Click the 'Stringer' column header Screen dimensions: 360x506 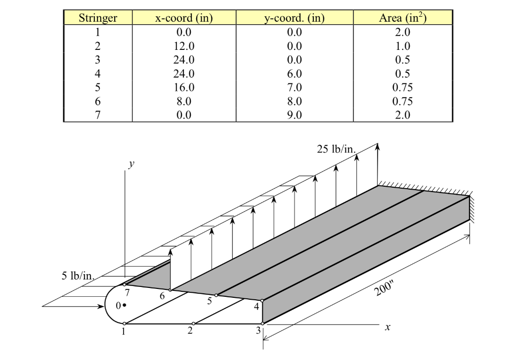point(98,18)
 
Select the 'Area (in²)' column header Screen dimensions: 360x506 point(403,18)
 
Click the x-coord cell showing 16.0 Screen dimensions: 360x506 point(184,87)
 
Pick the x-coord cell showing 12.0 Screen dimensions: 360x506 point(184,46)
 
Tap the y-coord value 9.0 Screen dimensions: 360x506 point(294,115)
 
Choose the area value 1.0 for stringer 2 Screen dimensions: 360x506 point(403,46)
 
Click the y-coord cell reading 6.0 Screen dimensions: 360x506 point(294,74)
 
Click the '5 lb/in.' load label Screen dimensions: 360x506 point(78,276)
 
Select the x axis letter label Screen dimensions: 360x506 point(388,327)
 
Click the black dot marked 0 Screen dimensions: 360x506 point(125,306)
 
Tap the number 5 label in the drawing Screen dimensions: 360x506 point(210,301)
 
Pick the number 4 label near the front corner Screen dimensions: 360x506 point(256,307)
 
